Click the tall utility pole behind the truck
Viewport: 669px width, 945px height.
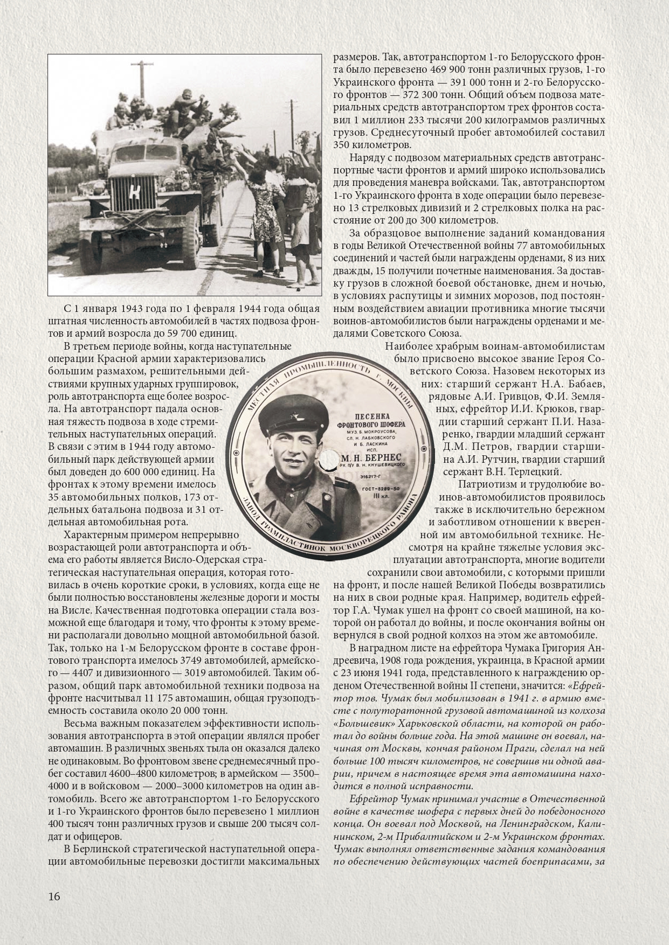(144, 86)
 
